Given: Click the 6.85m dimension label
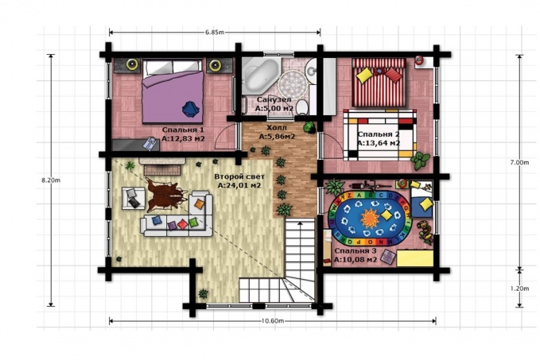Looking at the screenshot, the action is pos(215,33).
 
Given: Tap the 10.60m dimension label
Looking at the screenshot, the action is pos(273,321).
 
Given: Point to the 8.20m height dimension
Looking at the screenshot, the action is pos(51,180).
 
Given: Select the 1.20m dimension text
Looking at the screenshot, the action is pos(519,288).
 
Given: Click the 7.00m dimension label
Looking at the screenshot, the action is pos(519,162).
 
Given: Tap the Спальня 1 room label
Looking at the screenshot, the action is pos(183,130).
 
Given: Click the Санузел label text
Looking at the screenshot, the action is pos(274,99).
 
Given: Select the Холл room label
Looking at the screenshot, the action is pos(277,128).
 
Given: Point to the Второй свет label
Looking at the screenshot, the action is pos(239,176).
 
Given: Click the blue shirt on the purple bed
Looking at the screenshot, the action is pos(190,109).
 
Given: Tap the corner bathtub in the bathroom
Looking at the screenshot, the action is pos(260,75).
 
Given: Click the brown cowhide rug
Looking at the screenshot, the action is pos(165,195).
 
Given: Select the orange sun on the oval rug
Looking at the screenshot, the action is pos(370,218).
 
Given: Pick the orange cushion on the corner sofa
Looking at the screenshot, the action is pos(200,203).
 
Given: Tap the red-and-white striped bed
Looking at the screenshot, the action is pos(379,83).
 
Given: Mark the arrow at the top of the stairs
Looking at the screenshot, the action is pos(301,224).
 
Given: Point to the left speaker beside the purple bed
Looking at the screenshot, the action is pos(132,64).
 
